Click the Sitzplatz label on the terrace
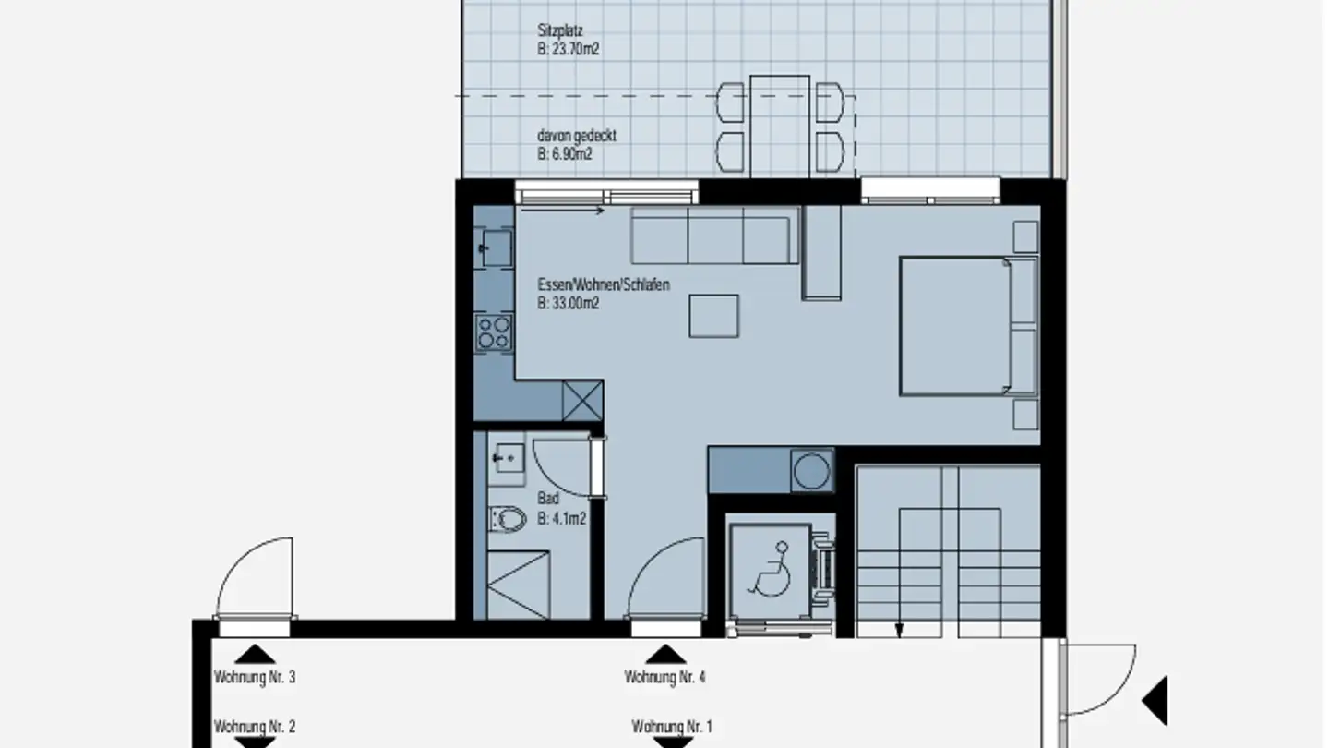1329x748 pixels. coord(560,30)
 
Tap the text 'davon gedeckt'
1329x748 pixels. coord(576,136)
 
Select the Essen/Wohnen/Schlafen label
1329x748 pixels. coord(603,284)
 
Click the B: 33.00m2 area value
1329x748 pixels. coord(569,303)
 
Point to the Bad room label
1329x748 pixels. coord(548,499)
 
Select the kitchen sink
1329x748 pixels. coord(495,247)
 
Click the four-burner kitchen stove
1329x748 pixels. coord(494,332)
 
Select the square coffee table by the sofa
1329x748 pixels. coord(713,316)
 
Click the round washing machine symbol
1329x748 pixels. coord(811,471)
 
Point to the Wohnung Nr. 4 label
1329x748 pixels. coord(664,677)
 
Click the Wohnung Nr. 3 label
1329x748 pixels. coord(255,677)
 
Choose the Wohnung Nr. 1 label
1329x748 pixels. coord(671,727)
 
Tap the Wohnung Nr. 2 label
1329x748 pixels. coord(255,727)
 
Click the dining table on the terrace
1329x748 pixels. coord(780,126)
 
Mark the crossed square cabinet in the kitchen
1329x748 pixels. coord(582,400)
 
